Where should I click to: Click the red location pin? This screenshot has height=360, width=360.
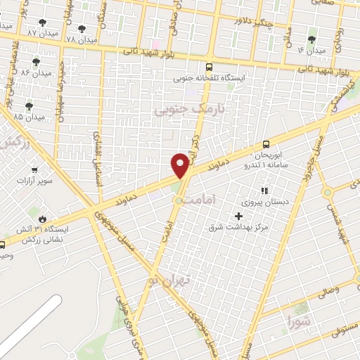(x=181, y=165)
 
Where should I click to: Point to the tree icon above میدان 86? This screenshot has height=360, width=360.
(x=36, y=63)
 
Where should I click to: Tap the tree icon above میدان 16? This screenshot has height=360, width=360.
(x=312, y=39)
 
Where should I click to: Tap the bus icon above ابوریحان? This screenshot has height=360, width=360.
(x=266, y=143)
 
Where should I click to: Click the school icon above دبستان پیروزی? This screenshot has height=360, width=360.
(x=265, y=190)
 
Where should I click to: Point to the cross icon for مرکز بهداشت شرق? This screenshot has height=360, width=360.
(x=247, y=216)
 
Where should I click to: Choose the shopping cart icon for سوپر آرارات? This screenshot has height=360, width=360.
(x=34, y=169)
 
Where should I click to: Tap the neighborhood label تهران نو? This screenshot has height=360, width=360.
(x=175, y=281)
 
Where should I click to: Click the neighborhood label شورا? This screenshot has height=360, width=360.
(x=298, y=322)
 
